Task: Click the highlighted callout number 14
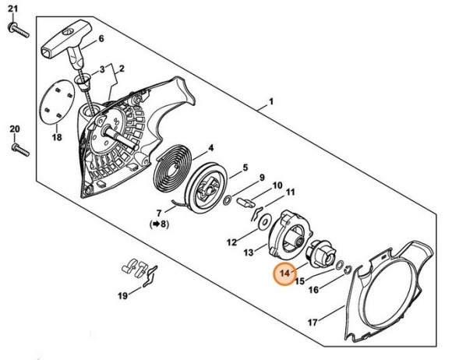[x=284, y=273]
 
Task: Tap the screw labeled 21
[x=18, y=30]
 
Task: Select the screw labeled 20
[x=20, y=150]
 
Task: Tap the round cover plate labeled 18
[x=57, y=102]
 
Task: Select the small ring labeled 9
[x=228, y=200]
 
